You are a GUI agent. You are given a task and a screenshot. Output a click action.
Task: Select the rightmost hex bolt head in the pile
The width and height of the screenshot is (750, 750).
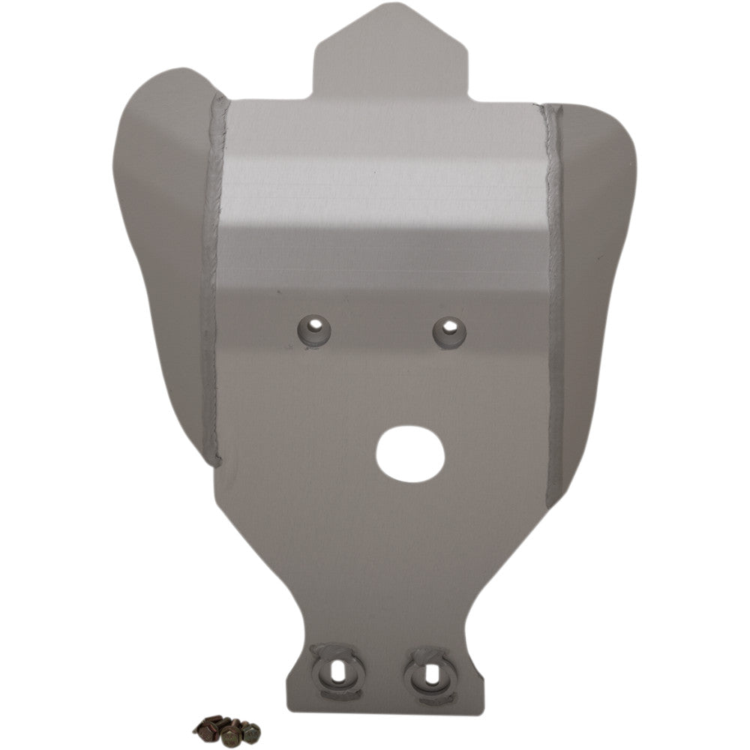[x=254, y=727]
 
